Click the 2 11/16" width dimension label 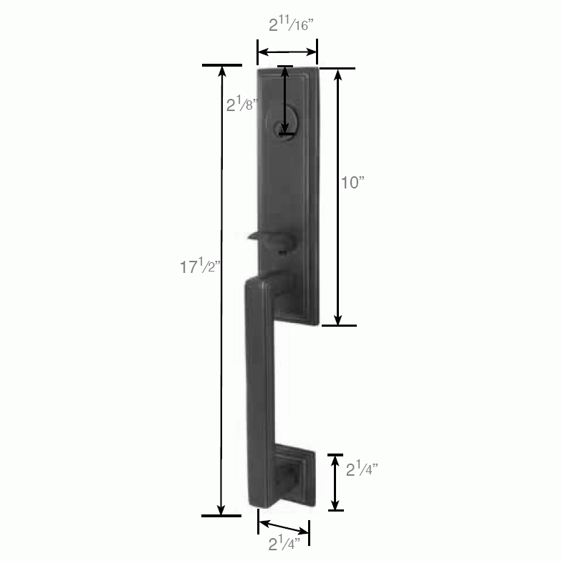291,25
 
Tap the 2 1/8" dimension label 242,105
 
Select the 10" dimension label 353,183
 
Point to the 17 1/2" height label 201,267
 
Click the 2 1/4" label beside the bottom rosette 363,469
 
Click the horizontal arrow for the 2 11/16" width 287,52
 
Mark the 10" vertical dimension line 337,197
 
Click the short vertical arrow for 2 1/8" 286,100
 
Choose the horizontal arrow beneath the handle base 284,531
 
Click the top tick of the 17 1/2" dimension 221,65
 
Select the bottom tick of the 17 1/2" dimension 221,515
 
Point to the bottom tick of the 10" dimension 337,325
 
